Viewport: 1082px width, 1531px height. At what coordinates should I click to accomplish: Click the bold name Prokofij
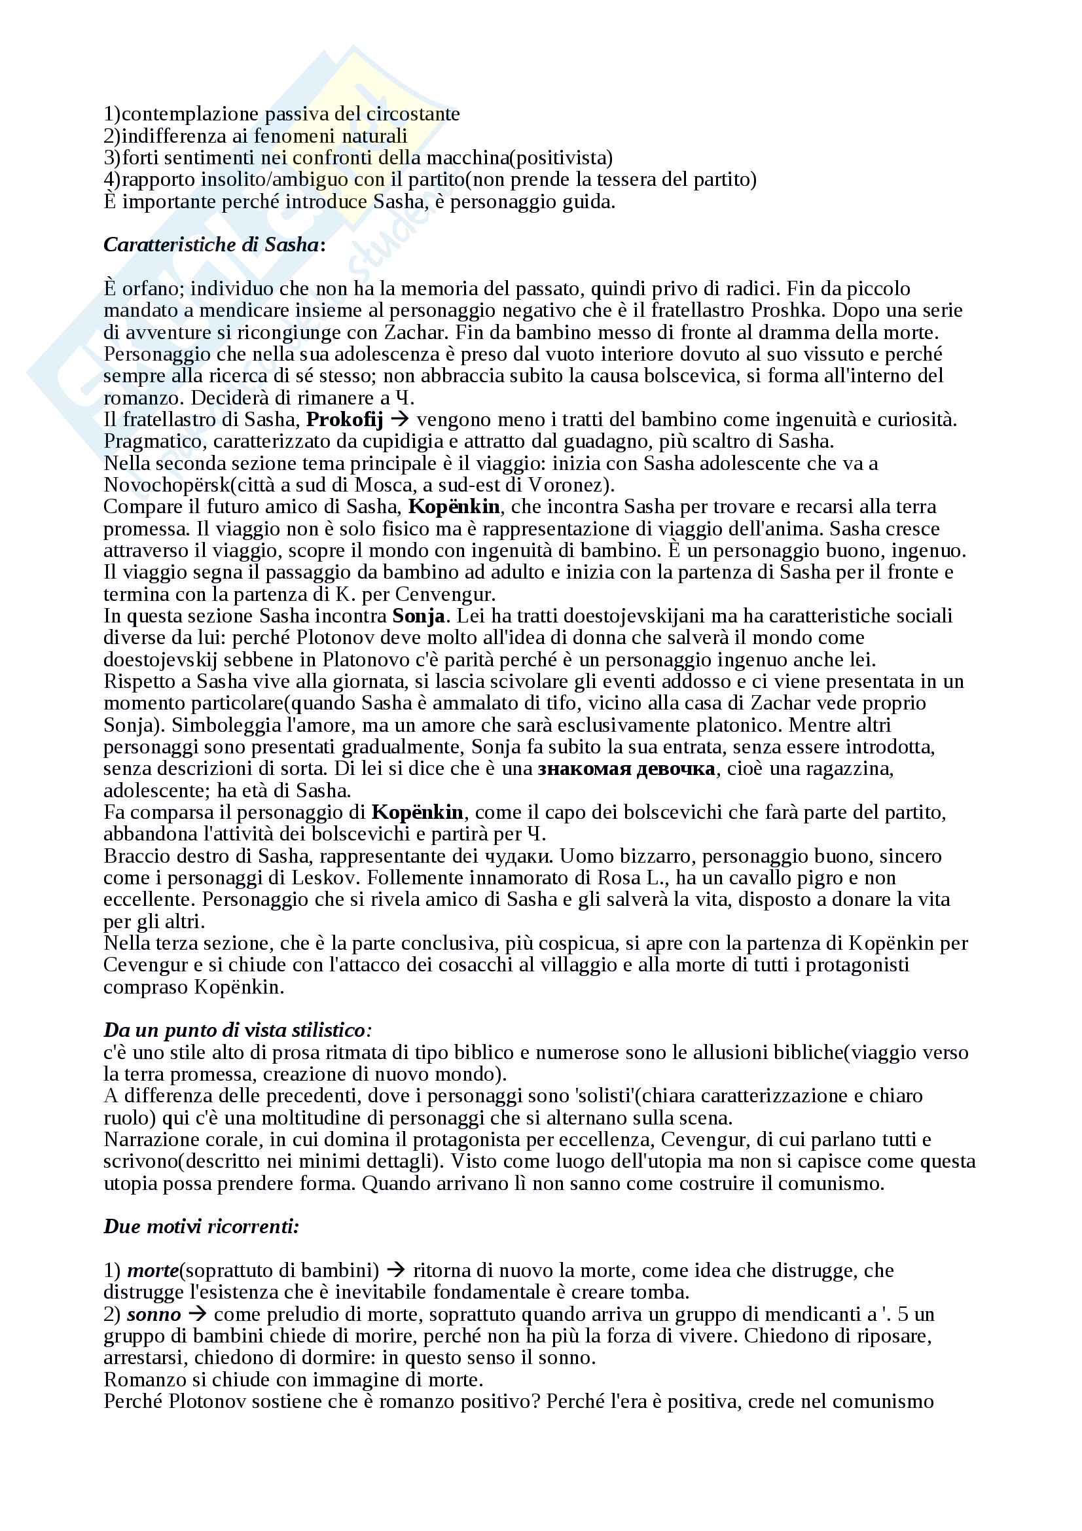[344, 420]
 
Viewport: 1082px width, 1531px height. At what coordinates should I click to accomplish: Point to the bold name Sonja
[419, 615]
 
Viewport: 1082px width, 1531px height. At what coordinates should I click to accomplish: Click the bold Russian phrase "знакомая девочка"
[626, 769]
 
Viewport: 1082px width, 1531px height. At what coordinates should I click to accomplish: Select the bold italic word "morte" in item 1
[153, 1270]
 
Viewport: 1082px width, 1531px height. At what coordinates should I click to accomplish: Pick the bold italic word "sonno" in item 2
[153, 1314]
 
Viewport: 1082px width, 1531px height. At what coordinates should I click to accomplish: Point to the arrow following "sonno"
[196, 1315]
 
